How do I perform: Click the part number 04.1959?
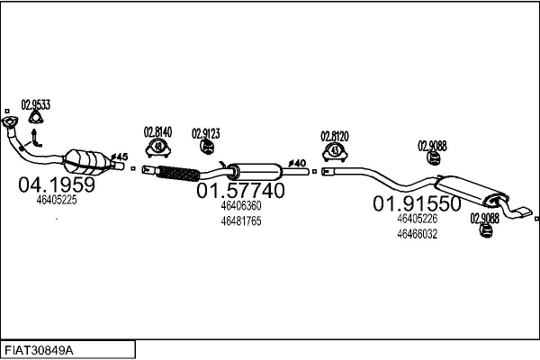56,184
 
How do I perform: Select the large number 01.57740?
240,191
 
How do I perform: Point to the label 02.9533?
36,105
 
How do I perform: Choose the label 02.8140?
158,130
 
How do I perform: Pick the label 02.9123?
205,134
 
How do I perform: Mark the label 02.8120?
335,136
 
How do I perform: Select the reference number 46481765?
240,221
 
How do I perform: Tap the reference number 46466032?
417,234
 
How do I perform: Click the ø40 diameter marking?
297,163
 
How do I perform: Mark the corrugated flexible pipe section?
181,172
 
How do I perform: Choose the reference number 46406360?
240,206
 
